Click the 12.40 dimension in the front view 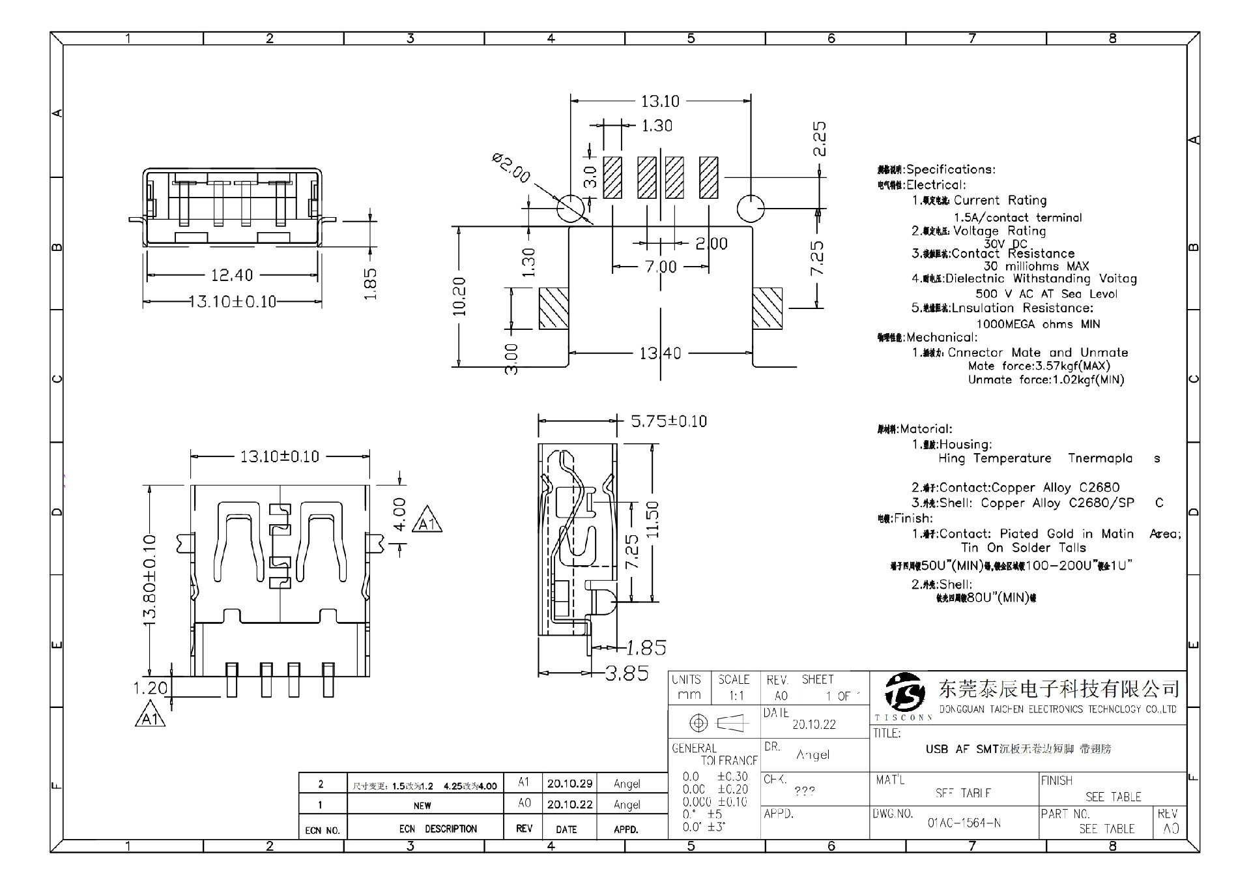click(x=231, y=275)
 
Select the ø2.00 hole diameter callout click(x=511, y=168)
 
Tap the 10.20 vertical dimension click(x=459, y=297)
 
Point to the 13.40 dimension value click(x=660, y=353)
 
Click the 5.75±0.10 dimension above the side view click(x=669, y=421)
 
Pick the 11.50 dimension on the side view click(x=652, y=520)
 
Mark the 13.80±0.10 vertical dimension click(x=150, y=580)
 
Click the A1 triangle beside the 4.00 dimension click(x=427, y=521)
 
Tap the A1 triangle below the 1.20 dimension click(x=151, y=716)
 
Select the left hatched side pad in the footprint click(x=554, y=308)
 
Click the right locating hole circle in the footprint click(x=750, y=209)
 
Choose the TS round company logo click(x=904, y=693)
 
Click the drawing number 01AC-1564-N click(x=964, y=823)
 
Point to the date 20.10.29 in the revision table click(x=569, y=784)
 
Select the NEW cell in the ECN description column click(x=422, y=805)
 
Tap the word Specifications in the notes click(x=951, y=169)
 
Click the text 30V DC click(x=1005, y=243)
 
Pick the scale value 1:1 click(x=736, y=696)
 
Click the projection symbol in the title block click(x=714, y=723)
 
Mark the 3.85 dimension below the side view click(x=627, y=673)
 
